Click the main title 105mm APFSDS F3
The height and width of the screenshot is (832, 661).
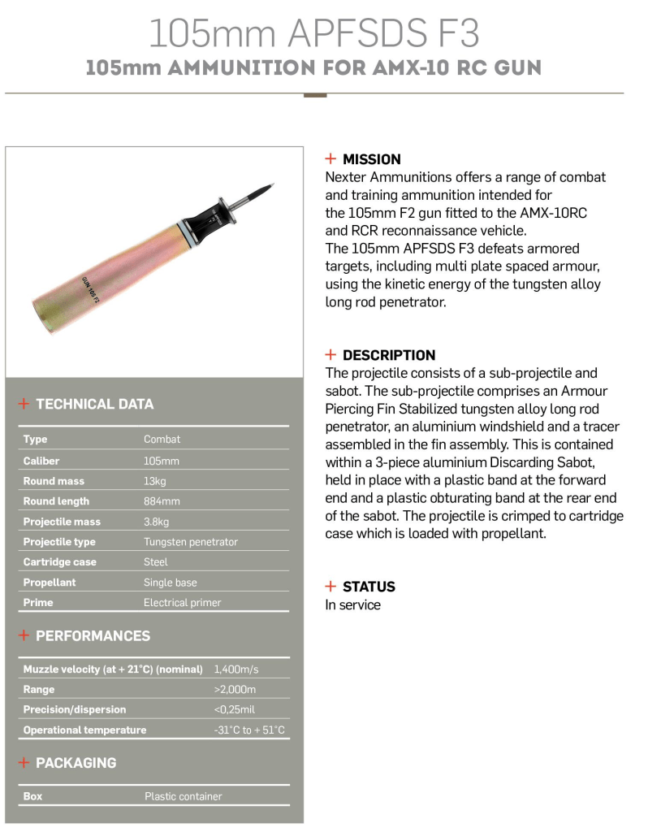point(313,34)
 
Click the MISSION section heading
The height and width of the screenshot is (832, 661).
point(371,159)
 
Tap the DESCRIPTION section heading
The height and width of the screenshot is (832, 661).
point(388,355)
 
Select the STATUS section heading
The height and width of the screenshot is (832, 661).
point(369,587)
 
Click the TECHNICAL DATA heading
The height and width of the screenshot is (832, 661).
point(94,404)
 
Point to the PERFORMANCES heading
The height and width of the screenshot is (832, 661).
point(93,635)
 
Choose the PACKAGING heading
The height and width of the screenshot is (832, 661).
point(76,763)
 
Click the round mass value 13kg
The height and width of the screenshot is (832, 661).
point(155,481)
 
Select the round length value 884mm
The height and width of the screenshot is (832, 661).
point(162,501)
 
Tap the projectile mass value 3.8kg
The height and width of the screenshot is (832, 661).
point(157,522)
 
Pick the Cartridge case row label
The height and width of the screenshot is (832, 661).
point(59,562)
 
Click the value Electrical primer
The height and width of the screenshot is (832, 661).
point(182,603)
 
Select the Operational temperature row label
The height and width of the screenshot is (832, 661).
point(84,730)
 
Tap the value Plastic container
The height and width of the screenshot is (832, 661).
point(183,796)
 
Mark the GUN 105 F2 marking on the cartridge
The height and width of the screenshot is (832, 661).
point(91,289)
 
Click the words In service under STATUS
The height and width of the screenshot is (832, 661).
point(352,604)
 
